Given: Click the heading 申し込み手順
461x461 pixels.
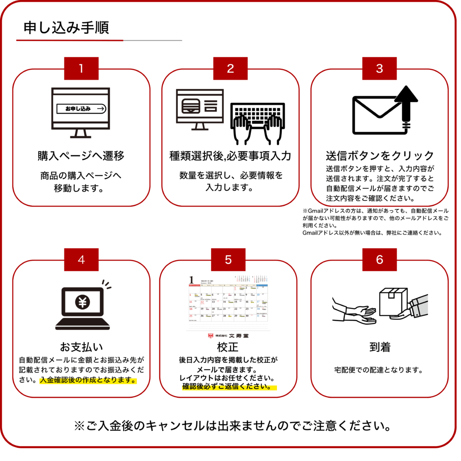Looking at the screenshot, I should pos(66,28).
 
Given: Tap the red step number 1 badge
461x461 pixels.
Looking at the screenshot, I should pos(81,68).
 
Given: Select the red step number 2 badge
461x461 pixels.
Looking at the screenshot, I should pos(230,68).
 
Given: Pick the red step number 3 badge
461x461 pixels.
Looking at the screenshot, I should pos(379,68).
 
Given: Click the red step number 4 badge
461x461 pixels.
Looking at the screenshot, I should pos(81,260).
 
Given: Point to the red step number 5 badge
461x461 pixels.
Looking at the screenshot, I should pos(228,260).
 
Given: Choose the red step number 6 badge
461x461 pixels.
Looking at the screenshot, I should pos(379,260).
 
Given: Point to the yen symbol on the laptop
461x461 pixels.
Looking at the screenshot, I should pos(82,302).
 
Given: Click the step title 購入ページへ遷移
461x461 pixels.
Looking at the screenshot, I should pos(81,156).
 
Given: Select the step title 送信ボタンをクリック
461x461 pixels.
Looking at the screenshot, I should pos(380,156).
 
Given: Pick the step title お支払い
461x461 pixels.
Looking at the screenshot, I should pos(81,347).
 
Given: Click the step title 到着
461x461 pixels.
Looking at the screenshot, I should pos(380,347).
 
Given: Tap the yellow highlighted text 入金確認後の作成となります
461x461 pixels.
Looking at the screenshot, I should pos(88,380).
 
